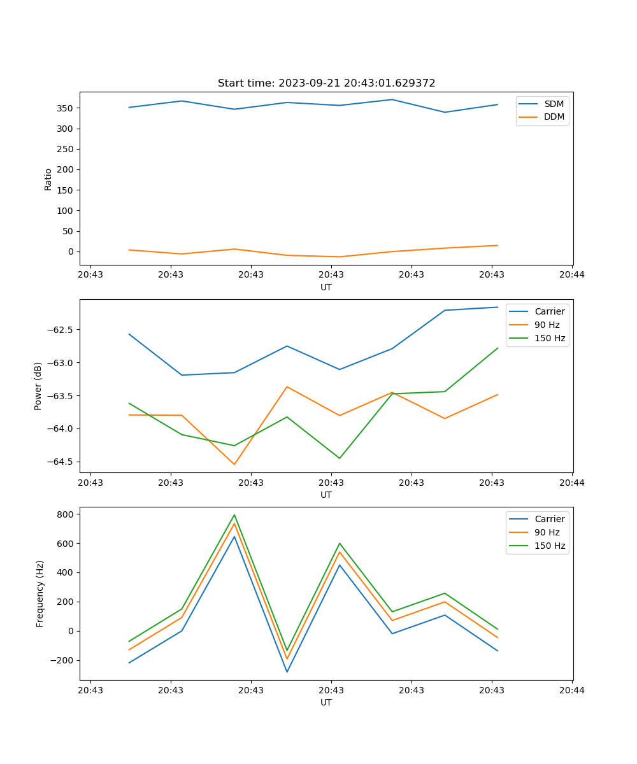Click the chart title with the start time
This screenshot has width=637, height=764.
coord(326,83)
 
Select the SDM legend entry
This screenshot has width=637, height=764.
coord(554,104)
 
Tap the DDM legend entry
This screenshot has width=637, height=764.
coord(554,117)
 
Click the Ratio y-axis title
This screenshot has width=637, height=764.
coord(48,179)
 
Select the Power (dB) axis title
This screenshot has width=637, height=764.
coord(38,386)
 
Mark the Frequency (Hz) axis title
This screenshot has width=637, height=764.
coord(40,593)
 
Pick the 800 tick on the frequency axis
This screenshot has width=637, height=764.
coord(67,514)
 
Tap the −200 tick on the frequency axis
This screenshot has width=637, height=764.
coord(64,660)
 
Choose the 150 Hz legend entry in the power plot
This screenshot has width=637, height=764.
coord(549,338)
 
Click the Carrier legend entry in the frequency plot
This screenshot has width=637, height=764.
coord(549,519)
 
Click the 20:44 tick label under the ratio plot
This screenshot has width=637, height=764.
coord(571,275)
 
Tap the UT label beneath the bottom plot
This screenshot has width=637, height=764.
coord(326,702)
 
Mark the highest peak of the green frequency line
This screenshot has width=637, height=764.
coord(234,514)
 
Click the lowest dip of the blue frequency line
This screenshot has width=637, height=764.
coord(287,672)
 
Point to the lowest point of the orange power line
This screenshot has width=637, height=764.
coord(234,464)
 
